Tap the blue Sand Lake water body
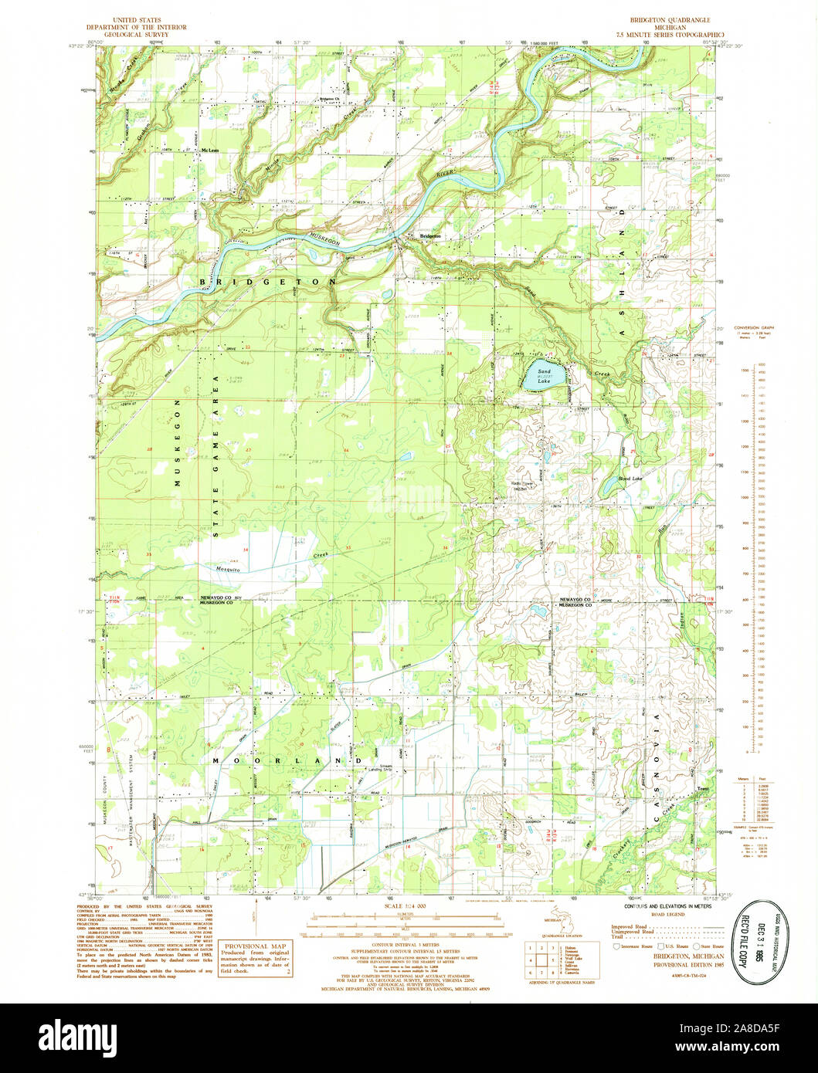[x=538, y=377]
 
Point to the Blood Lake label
[x=630, y=479]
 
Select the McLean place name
[x=209, y=151]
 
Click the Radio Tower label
[x=523, y=484]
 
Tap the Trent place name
[x=702, y=790]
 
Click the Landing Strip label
[x=379, y=768]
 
